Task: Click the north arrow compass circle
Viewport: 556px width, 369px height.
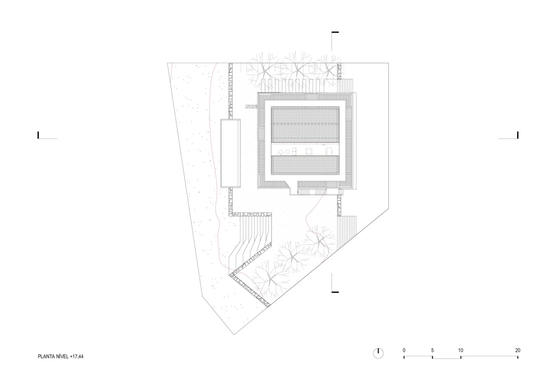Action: pyautogui.click(x=378, y=353)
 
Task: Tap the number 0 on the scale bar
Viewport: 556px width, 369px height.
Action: pyautogui.click(x=404, y=350)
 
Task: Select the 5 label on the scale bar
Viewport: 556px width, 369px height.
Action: pyautogui.click(x=432, y=350)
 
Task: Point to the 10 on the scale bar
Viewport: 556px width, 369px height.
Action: pyautogui.click(x=460, y=350)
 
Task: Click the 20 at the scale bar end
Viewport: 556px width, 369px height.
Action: pyautogui.click(x=518, y=350)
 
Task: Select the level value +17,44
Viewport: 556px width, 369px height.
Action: pyautogui.click(x=77, y=357)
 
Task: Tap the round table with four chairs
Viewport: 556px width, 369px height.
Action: pyautogui.click(x=309, y=151)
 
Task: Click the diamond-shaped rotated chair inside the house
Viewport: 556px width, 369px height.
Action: pyautogui.click(x=280, y=152)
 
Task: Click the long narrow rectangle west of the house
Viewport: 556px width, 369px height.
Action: pyautogui.click(x=230, y=153)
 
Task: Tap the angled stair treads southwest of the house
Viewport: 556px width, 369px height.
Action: pyautogui.click(x=252, y=241)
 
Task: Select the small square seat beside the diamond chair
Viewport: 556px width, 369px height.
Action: pyautogui.click(x=288, y=151)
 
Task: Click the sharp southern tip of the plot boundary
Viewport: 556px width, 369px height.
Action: pyautogui.click(x=234, y=334)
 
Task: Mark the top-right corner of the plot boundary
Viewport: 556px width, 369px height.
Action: pyautogui.click(x=388, y=63)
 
